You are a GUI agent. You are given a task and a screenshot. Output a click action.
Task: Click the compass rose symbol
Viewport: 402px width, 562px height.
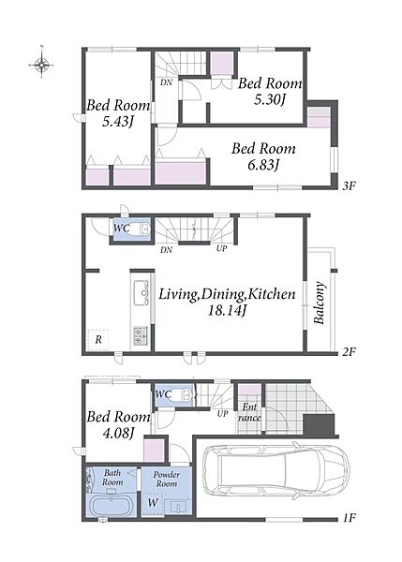[41, 65]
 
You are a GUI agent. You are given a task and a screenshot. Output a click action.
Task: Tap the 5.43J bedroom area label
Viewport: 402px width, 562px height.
[118, 122]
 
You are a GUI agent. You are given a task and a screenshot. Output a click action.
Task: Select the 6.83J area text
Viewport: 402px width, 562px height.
[263, 165]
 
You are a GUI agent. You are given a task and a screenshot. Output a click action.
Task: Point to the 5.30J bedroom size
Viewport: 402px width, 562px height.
[269, 100]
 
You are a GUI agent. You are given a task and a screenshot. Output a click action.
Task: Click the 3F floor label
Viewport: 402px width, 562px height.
[349, 186]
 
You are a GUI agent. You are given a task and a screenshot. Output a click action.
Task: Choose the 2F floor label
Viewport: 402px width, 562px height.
[349, 352]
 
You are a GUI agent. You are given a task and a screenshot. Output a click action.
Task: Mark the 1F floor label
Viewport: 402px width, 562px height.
[349, 518]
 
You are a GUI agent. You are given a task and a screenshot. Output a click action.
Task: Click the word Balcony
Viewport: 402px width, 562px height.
[320, 303]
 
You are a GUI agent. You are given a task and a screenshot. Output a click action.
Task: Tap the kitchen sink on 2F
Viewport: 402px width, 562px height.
[141, 292]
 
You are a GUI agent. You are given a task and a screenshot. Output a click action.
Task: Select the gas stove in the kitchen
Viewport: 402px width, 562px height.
[141, 336]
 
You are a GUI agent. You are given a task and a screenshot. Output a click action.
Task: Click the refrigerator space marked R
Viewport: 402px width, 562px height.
[98, 339]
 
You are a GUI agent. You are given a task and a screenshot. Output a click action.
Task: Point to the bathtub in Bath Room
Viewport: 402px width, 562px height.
[111, 506]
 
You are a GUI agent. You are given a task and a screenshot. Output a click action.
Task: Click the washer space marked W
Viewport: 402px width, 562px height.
[153, 503]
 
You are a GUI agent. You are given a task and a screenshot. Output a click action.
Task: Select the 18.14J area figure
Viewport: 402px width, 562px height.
[227, 310]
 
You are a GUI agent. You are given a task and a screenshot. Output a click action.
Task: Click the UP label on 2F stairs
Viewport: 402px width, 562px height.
[222, 248]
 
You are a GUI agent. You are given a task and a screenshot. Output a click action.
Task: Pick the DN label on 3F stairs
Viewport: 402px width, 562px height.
[166, 82]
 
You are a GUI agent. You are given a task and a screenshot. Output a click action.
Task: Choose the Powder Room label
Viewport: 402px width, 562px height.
[167, 479]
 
